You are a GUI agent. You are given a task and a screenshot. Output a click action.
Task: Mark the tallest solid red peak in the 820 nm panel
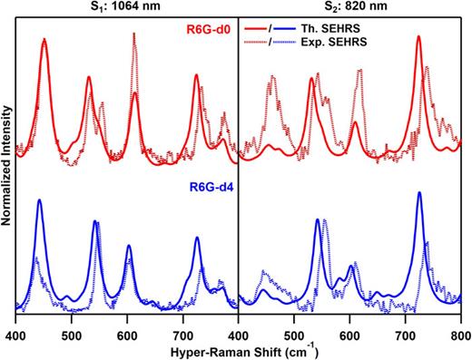coord(418,38)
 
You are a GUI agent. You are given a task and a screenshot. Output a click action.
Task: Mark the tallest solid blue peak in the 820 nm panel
coord(419,194)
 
